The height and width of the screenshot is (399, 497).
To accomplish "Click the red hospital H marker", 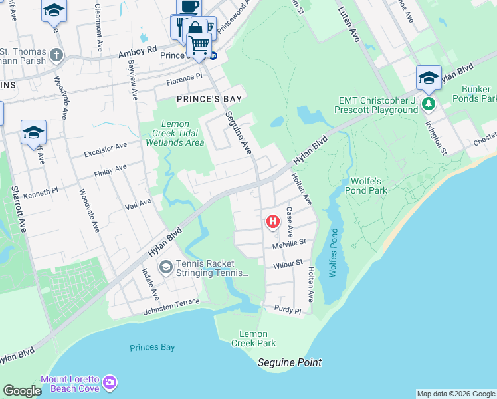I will point(272,221).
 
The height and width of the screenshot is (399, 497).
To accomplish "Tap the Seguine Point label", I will point(290,362).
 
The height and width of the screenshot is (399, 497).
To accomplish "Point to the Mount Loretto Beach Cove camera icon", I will point(110,384).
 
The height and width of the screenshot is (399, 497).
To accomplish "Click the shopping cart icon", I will point(199,45).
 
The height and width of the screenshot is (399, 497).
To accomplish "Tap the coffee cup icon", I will point(189,6).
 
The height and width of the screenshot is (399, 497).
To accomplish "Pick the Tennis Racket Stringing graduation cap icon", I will point(165,267).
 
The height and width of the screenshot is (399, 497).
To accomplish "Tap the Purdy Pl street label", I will point(288,310).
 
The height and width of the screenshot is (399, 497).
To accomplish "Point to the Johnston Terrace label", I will point(171,302).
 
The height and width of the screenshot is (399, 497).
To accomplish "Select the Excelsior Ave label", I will point(105,150).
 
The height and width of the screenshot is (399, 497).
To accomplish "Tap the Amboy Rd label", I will point(137,51).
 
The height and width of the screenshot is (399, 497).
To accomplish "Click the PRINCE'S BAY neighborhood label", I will point(208,98).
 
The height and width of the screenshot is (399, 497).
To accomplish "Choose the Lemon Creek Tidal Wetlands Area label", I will point(175,133).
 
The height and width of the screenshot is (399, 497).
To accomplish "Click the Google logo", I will point(22,391).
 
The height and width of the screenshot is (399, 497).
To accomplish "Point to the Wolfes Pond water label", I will point(334,253).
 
